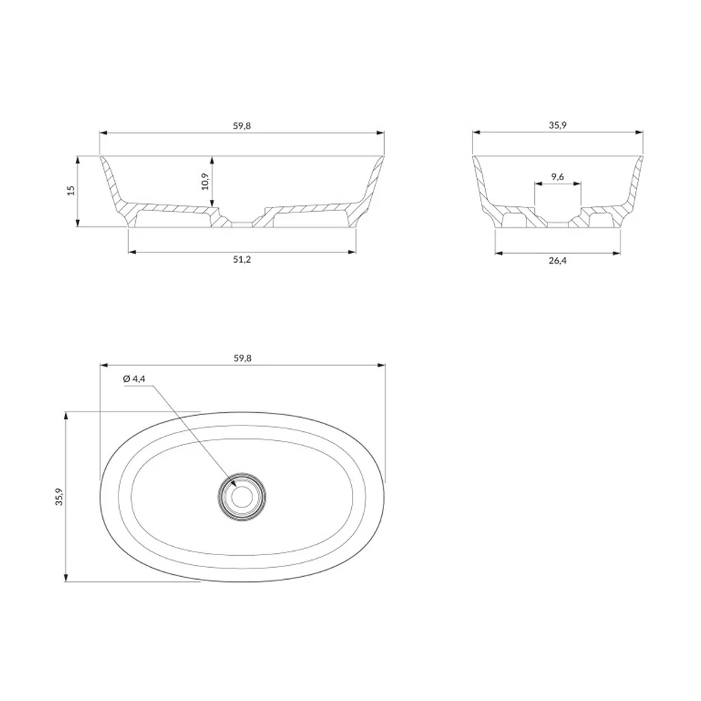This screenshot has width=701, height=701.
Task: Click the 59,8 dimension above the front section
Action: click(242, 125)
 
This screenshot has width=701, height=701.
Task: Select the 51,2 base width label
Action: click(242, 259)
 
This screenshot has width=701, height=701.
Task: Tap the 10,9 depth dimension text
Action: click(205, 181)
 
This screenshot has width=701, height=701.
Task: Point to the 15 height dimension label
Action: click(71, 191)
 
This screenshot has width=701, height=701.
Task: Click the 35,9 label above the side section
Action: click(557, 125)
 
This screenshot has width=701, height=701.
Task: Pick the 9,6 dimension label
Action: click(557, 177)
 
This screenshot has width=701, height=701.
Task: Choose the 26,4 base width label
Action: click(557, 261)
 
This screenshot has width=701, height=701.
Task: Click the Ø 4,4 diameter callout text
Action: click(134, 379)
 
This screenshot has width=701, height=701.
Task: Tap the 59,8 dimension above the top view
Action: click(243, 358)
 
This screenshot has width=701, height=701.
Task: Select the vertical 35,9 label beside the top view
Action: click(60, 496)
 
